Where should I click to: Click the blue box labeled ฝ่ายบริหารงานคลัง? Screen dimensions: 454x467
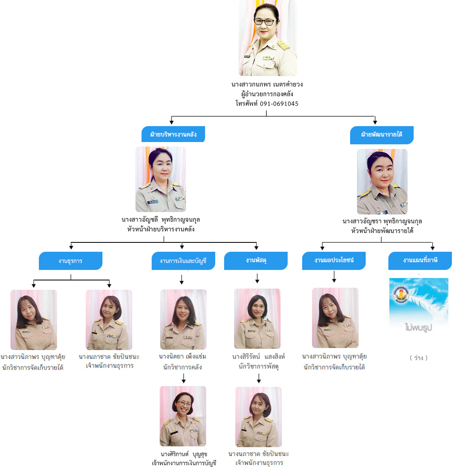click(x=173, y=134)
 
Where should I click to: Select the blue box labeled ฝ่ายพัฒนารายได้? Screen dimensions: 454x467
click(x=382, y=135)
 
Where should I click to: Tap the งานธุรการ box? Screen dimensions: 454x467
click(x=70, y=261)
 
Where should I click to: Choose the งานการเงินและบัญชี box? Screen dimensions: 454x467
click(x=183, y=261)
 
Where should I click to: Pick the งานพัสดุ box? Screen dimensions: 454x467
click(x=256, y=261)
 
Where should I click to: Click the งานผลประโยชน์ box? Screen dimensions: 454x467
click(x=334, y=261)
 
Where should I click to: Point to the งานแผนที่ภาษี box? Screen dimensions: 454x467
click(x=420, y=261)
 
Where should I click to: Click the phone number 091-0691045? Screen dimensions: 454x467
click(x=279, y=104)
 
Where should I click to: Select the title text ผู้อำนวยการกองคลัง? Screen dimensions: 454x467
click(x=267, y=94)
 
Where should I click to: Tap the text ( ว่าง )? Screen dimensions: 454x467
click(x=418, y=358)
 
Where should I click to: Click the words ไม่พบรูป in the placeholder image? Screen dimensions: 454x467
click(x=418, y=328)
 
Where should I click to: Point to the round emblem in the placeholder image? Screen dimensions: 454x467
click(x=401, y=294)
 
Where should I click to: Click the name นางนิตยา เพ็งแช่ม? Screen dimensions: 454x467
click(x=182, y=357)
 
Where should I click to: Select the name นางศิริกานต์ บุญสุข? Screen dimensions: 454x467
click(x=184, y=454)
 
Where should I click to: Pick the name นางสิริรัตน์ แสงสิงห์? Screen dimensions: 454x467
click(x=259, y=357)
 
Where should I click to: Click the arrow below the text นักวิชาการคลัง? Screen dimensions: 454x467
click(x=184, y=378)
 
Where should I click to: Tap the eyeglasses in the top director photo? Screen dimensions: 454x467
click(x=265, y=22)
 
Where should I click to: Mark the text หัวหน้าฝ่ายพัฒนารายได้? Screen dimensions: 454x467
click(x=382, y=231)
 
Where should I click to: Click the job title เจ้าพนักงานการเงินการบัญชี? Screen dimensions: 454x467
click(x=184, y=463)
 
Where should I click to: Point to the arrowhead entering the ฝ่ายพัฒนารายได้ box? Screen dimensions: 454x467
click(x=375, y=122)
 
